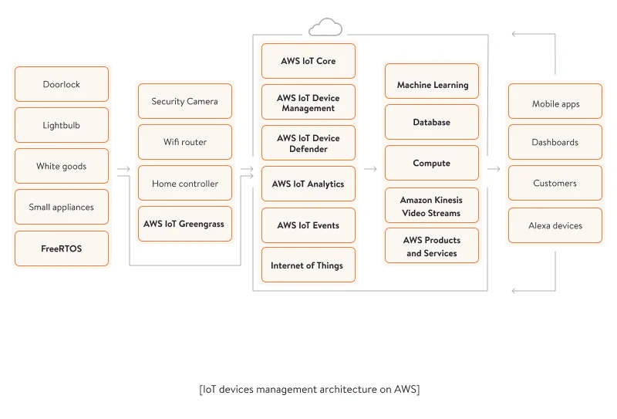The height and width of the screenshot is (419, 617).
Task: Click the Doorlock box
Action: [x=62, y=84]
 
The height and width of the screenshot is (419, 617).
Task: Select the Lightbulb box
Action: [x=62, y=125]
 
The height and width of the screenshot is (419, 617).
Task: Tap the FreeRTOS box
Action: [x=62, y=248]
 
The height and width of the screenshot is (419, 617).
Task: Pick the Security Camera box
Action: [x=185, y=101]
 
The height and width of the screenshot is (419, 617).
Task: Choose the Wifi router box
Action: [x=185, y=142]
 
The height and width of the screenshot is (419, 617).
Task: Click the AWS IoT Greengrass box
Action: [x=185, y=224]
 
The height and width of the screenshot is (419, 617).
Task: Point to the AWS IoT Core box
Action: [x=308, y=61]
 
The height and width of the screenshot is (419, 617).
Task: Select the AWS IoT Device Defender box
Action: [x=308, y=144]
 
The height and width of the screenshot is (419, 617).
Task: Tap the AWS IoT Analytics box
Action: [x=308, y=184]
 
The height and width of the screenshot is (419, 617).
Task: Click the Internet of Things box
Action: [x=308, y=265]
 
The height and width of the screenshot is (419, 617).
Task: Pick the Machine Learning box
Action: [x=432, y=85]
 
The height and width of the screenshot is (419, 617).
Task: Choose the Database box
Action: [x=432, y=122]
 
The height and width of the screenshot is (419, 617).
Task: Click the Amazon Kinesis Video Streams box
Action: [x=432, y=207]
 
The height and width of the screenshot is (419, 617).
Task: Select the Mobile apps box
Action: [x=555, y=103]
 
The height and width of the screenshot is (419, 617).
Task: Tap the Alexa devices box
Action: [x=555, y=225]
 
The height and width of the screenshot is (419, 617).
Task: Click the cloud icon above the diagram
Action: [x=325, y=29]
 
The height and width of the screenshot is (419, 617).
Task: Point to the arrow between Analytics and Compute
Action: [x=370, y=169]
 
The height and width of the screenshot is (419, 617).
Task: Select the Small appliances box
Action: [x=62, y=207]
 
